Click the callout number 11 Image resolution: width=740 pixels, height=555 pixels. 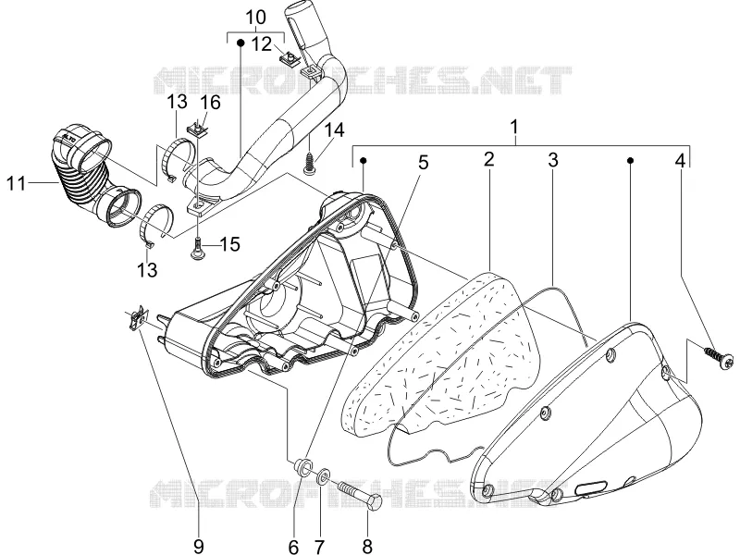[16, 182]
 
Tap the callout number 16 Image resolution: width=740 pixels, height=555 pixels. [211, 103]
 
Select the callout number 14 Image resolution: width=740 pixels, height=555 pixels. [334, 130]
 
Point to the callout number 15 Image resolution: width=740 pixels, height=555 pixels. [229, 244]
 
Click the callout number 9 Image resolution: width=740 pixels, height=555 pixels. [199, 546]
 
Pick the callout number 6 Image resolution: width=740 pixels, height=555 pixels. [293, 546]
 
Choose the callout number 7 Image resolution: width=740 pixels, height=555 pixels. [320, 546]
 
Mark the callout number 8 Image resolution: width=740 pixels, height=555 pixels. [367, 546]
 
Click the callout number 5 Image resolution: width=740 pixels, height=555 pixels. [424, 163]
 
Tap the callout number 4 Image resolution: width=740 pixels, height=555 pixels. [680, 161]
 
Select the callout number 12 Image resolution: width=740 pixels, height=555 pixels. [262, 44]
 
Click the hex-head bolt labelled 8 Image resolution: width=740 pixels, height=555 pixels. [360, 495]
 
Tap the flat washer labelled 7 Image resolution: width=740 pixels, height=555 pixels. [323, 475]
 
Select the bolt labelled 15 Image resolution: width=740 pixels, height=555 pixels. [199, 247]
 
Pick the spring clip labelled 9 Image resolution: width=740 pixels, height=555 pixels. [137, 320]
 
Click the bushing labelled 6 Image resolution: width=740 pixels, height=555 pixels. [302, 466]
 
